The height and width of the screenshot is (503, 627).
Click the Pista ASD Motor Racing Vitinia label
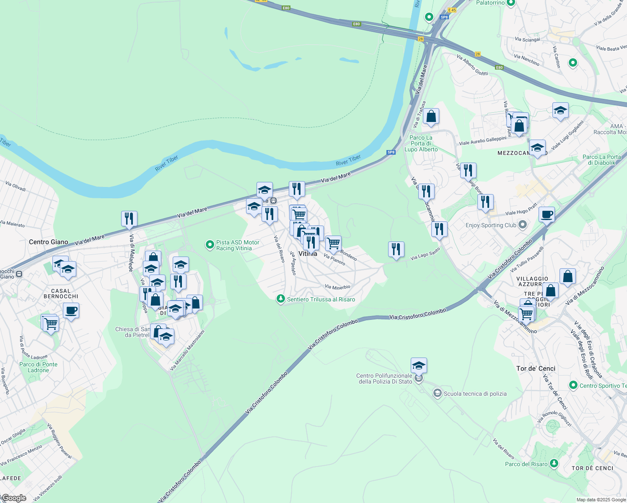coord(238,245)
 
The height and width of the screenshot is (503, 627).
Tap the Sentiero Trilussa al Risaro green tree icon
coord(280,299)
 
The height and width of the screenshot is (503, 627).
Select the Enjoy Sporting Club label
coord(491,225)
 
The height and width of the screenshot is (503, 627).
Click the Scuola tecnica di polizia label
coord(475,394)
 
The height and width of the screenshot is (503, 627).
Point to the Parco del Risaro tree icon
coord(554,463)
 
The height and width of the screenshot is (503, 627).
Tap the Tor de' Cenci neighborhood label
coord(536,368)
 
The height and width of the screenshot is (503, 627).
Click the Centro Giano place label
coord(48,242)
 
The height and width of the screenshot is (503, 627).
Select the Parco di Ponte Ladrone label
coord(38,367)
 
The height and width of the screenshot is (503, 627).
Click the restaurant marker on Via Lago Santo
coord(396,249)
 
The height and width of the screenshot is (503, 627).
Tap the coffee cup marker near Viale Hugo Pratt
coord(547,215)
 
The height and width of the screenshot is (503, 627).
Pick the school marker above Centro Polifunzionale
coord(419,366)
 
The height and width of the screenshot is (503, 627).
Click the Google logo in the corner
coord(14,498)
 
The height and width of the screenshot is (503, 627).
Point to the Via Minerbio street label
coord(337,287)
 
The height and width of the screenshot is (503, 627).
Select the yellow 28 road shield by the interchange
coord(420,39)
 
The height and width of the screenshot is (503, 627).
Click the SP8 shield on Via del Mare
coord(391,152)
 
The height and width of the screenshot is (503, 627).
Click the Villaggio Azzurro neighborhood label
coord(532,281)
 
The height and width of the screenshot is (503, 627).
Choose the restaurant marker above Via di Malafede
coord(129,218)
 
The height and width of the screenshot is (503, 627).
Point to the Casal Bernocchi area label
coord(61,293)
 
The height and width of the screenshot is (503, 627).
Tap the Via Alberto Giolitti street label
coord(472,65)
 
